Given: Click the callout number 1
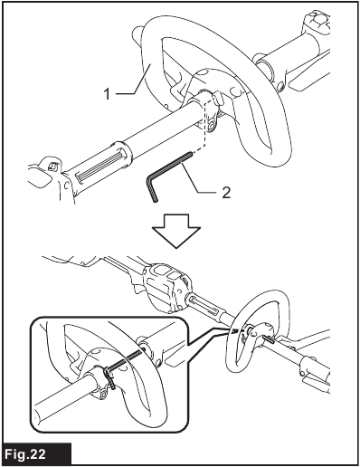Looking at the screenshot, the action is pos(108,94).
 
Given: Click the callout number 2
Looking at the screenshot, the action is pos(226,193).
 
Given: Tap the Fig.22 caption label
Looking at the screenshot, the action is pos(25,454).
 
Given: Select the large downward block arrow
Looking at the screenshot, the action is pos(176,231).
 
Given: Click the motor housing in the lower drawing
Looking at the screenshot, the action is pos(167,287).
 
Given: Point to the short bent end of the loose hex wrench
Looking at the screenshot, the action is pos(152,188).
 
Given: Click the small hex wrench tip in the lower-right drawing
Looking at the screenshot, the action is pos(270,339).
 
